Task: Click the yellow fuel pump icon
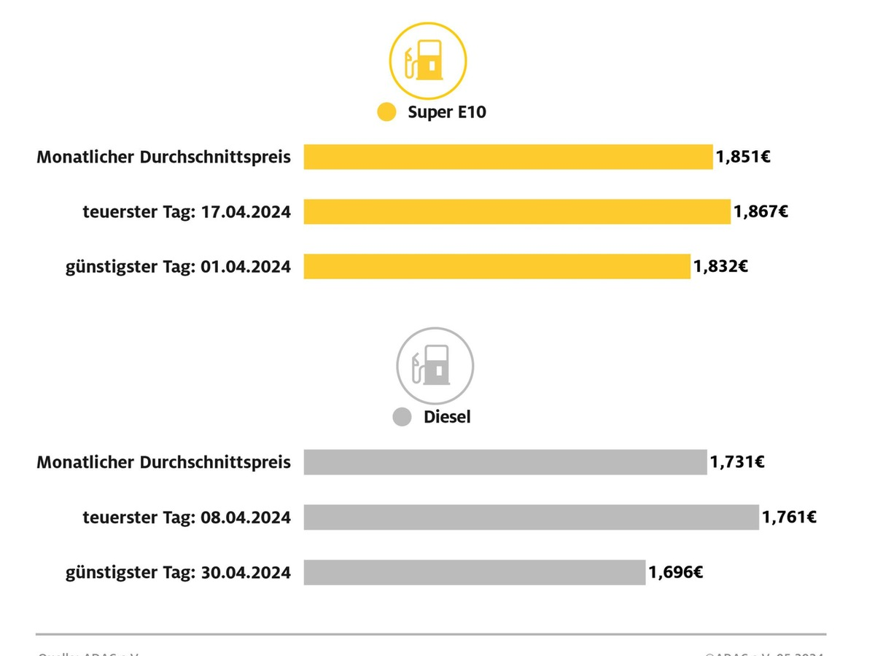(x=428, y=60)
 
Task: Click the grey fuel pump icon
(x=435, y=365)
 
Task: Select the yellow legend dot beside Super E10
(x=386, y=112)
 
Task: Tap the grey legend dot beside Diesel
(x=402, y=417)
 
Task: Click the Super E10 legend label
(x=446, y=112)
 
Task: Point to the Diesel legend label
(x=447, y=417)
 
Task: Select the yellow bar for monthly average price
(x=507, y=157)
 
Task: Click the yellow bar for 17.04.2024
(x=516, y=211)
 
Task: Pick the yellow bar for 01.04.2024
(x=497, y=266)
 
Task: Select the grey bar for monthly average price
(x=505, y=462)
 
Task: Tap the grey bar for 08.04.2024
(x=531, y=517)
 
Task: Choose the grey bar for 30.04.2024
(x=474, y=572)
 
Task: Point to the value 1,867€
(x=761, y=211)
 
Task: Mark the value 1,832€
(x=720, y=266)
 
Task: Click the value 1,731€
(x=737, y=462)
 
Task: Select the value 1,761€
(x=789, y=517)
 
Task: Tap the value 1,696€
(x=676, y=572)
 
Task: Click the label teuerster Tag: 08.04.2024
(x=187, y=518)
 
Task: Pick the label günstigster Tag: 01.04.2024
(x=178, y=267)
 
